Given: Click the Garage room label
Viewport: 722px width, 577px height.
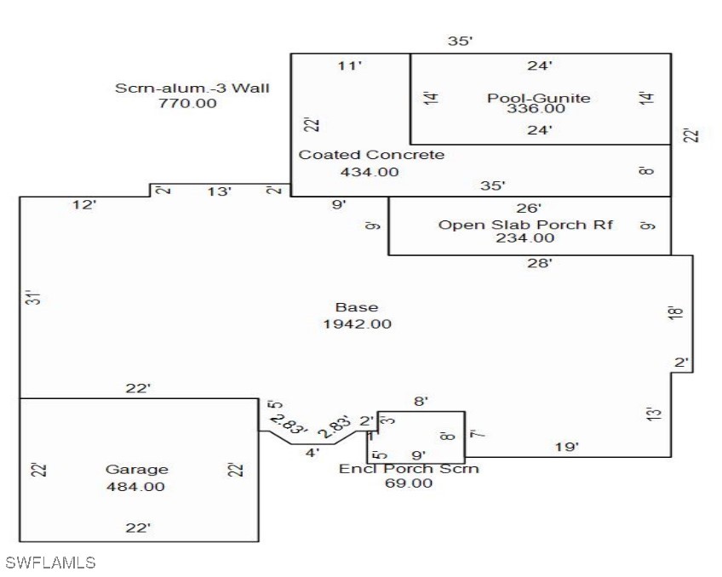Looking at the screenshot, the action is [137, 469].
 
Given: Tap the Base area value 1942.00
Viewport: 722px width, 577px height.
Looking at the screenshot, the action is [358, 324].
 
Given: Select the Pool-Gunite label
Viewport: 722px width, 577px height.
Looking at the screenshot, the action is [539, 98].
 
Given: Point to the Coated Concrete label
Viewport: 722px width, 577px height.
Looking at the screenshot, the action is [371, 155].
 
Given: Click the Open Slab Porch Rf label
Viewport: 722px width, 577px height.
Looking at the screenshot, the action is [525, 225].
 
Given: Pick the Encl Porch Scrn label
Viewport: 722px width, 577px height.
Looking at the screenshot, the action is [409, 469].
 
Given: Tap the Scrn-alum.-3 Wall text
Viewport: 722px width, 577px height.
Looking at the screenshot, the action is [192, 88].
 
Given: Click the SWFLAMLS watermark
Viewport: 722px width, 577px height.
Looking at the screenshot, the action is [50, 563].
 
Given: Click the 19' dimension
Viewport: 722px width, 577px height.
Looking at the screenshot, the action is [567, 447].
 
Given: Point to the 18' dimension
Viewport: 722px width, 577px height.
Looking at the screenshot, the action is [675, 312].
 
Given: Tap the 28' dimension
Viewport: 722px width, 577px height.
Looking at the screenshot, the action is [540, 263].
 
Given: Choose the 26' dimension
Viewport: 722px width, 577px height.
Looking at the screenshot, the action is [529, 209].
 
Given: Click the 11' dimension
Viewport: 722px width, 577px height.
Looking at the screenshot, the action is [349, 66].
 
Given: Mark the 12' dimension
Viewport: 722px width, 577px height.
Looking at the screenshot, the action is [84, 205].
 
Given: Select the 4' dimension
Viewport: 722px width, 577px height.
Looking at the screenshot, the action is [312, 453].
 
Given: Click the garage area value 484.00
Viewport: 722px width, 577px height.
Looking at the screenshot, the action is [135, 487].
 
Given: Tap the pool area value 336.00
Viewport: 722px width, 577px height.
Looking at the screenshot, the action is [536, 109].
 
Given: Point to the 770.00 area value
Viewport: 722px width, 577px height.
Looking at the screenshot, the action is [187, 103].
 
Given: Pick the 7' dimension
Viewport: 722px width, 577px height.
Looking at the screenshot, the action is [478, 433].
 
